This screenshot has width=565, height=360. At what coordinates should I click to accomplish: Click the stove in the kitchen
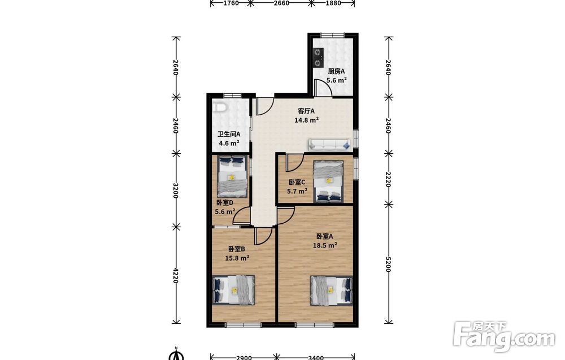tap(318, 58)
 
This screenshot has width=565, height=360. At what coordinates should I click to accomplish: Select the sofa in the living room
tap(329, 145)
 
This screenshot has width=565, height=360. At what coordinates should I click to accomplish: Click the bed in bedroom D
tap(232, 176)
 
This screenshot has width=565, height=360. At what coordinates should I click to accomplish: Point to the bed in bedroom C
tap(328, 181)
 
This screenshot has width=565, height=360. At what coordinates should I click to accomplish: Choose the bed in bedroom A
tap(332, 290)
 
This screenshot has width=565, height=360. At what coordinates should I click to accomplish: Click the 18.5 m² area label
tap(325, 245)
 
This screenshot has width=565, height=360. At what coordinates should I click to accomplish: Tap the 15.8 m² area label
tap(237, 258)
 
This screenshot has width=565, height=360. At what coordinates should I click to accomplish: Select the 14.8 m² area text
tap(306, 120)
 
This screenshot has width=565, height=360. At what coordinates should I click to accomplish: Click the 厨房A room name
tap(336, 71)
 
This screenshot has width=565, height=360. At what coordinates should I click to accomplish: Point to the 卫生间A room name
tap(229, 134)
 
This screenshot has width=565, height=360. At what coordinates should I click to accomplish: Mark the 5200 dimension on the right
tap(388, 264)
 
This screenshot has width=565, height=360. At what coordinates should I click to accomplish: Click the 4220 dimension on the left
tap(176, 275)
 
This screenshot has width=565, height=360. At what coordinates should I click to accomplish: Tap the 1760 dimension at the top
tap(231, 3)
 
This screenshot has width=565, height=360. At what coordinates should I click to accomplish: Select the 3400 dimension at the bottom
tap(316, 358)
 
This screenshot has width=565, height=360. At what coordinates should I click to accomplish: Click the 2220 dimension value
tap(388, 179)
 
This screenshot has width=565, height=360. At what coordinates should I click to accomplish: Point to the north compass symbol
tap(176, 354)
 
